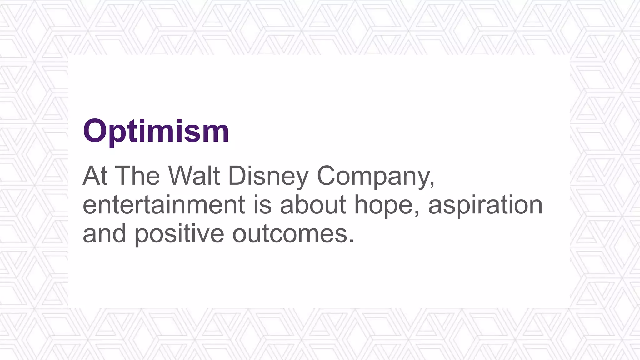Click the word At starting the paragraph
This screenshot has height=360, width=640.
(95, 176)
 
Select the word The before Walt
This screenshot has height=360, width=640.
(137, 176)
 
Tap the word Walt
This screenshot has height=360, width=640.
(194, 176)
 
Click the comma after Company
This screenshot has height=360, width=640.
(432, 184)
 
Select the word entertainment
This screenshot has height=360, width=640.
(164, 205)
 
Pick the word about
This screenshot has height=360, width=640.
(313, 205)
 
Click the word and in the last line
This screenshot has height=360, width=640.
(104, 234)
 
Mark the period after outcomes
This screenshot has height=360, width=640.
(352, 241)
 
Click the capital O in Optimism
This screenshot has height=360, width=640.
(95, 131)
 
